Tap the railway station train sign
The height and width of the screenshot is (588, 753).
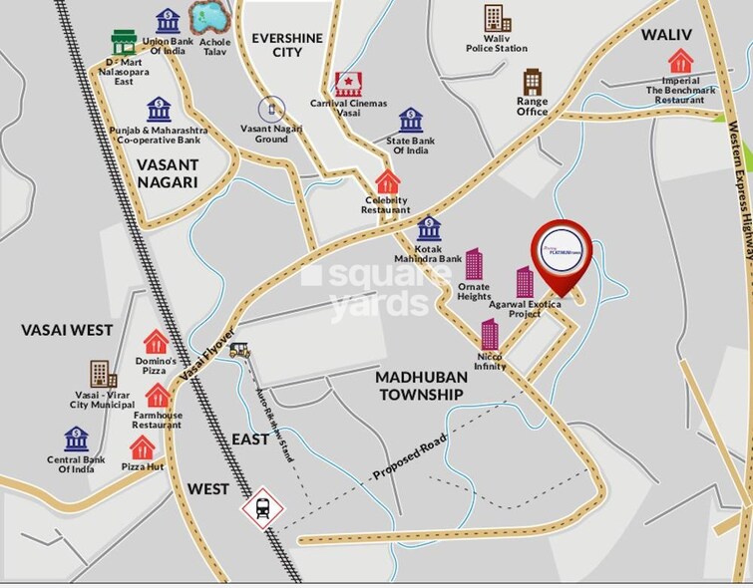coord(260,509)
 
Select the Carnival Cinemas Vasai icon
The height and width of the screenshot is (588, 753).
coord(348,83)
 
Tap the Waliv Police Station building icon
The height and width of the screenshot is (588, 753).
coord(496,18)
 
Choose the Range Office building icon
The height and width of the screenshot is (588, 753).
coord(533,82)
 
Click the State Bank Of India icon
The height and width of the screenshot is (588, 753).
coord(411,121)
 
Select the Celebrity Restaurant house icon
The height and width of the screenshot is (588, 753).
coord(387,182)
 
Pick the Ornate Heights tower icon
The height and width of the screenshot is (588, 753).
coord(474,264)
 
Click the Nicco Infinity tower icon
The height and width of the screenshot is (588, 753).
coord(490,335)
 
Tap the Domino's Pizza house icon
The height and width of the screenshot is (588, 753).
coord(155,342)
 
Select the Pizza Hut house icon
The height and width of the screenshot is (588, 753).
coord(143,447)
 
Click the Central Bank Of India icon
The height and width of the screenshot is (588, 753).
coord(76,440)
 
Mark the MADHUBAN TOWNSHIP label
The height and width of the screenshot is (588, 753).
coord(420,386)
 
